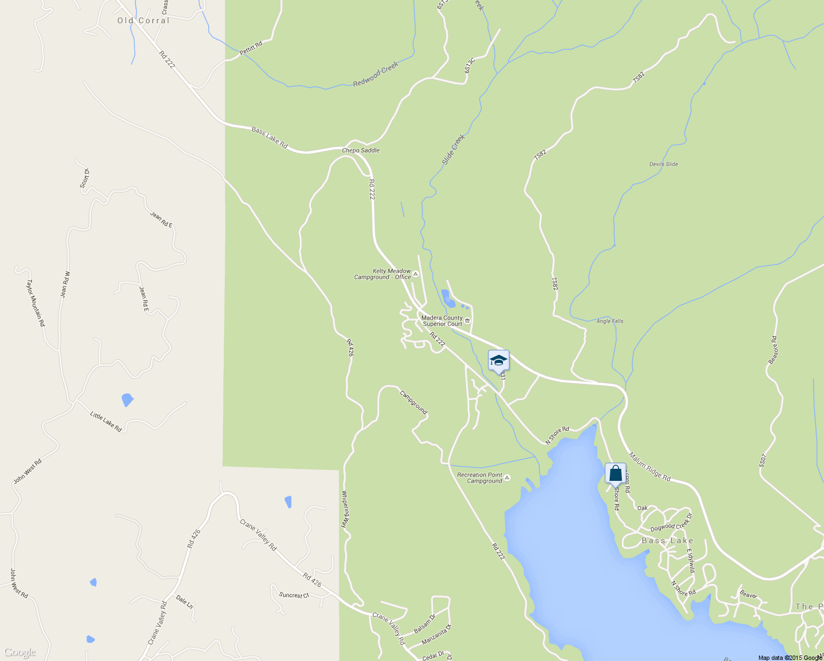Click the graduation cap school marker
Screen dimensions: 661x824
[x=498, y=361]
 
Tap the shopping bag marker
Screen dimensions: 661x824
[x=615, y=474]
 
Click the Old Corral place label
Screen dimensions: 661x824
[x=143, y=20]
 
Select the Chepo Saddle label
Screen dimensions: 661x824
[x=361, y=150]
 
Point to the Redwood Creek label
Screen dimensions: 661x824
[x=376, y=74]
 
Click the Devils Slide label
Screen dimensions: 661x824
[x=663, y=164]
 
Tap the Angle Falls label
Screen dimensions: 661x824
[x=610, y=321]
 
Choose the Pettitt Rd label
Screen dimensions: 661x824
[x=251, y=48]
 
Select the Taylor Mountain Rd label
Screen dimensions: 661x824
[x=35, y=303]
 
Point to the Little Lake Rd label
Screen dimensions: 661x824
[x=106, y=421]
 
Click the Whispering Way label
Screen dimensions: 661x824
[x=345, y=510]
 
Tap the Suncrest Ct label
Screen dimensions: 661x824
[x=294, y=595]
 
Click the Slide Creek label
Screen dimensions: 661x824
[x=453, y=150]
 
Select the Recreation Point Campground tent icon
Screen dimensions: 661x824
[x=507, y=478]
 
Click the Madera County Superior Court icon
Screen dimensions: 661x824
[x=468, y=321]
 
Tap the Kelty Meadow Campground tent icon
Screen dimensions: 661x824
[x=416, y=274]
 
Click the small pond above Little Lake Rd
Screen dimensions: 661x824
[x=127, y=399]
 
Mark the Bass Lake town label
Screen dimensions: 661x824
[x=667, y=541]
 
